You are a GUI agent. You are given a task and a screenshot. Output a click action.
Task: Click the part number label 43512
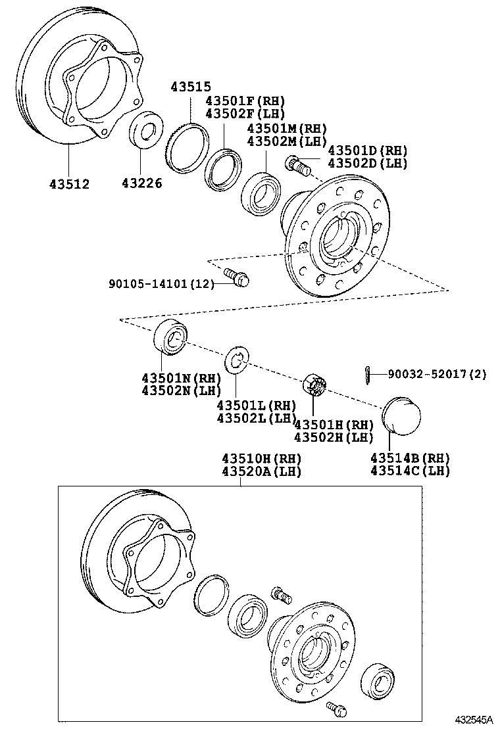coord(68,184)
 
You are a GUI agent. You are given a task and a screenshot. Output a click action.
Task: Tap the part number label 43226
coord(141,184)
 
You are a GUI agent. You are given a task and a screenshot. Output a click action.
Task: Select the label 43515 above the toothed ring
coord(191,87)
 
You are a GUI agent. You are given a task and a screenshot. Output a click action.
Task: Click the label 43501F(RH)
coord(245,101)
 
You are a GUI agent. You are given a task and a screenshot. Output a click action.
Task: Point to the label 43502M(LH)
coord(287,141)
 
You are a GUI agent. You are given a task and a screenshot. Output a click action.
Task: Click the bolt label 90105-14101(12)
coord(162,284)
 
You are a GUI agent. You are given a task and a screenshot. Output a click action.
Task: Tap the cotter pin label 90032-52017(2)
coord(437,374)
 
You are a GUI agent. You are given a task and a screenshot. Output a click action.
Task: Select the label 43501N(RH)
coord(180,378)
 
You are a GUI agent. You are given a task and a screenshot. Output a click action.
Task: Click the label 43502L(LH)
coord(257,417)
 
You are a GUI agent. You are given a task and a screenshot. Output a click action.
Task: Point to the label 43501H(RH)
coord(334,425)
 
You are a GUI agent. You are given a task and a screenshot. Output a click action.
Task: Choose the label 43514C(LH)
coord(410,470)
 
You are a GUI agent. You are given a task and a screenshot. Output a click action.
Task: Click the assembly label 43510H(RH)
coord(261,458)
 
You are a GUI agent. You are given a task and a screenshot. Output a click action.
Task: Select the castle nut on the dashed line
coord(315,384)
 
